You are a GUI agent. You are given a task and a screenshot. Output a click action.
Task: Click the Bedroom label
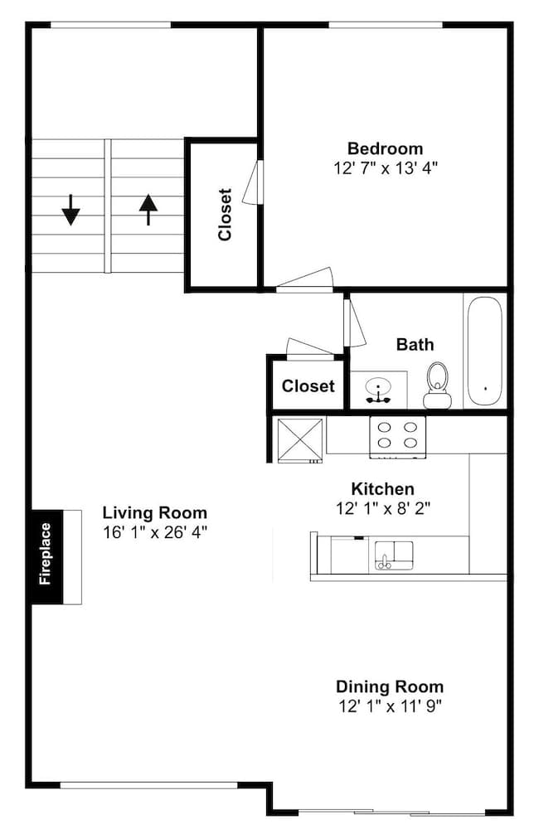click(x=385, y=148)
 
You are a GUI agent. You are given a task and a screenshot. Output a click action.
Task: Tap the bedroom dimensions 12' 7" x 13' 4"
click(x=386, y=168)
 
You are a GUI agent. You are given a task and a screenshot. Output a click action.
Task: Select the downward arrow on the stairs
click(x=70, y=210)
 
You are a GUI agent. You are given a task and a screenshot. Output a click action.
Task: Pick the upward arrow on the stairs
click(x=148, y=210)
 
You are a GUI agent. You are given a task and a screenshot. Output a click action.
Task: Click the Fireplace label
click(x=46, y=554)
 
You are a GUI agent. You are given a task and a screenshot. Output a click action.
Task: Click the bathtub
click(x=483, y=351)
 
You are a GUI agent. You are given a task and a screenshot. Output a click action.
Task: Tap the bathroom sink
click(x=379, y=389)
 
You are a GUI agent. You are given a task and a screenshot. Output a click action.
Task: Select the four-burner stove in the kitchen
click(x=397, y=437)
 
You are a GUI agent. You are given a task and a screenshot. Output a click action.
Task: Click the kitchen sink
click(x=394, y=555)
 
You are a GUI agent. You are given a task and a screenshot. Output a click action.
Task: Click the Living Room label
click(x=154, y=513)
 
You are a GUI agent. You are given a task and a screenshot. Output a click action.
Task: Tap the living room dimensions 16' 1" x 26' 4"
click(x=155, y=532)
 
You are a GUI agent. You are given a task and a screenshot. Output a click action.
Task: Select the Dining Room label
click(x=390, y=686)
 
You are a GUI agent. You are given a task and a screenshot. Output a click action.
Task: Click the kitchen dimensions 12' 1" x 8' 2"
click(x=383, y=509)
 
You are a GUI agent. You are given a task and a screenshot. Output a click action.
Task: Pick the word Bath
click(x=415, y=345)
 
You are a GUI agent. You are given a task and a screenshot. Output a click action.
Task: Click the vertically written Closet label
click(x=225, y=215)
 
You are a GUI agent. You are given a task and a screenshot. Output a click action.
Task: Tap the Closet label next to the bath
click(x=308, y=386)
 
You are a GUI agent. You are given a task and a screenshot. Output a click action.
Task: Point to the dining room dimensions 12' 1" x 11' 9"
click(x=391, y=705)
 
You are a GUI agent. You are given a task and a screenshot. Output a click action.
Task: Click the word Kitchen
click(x=383, y=488)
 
